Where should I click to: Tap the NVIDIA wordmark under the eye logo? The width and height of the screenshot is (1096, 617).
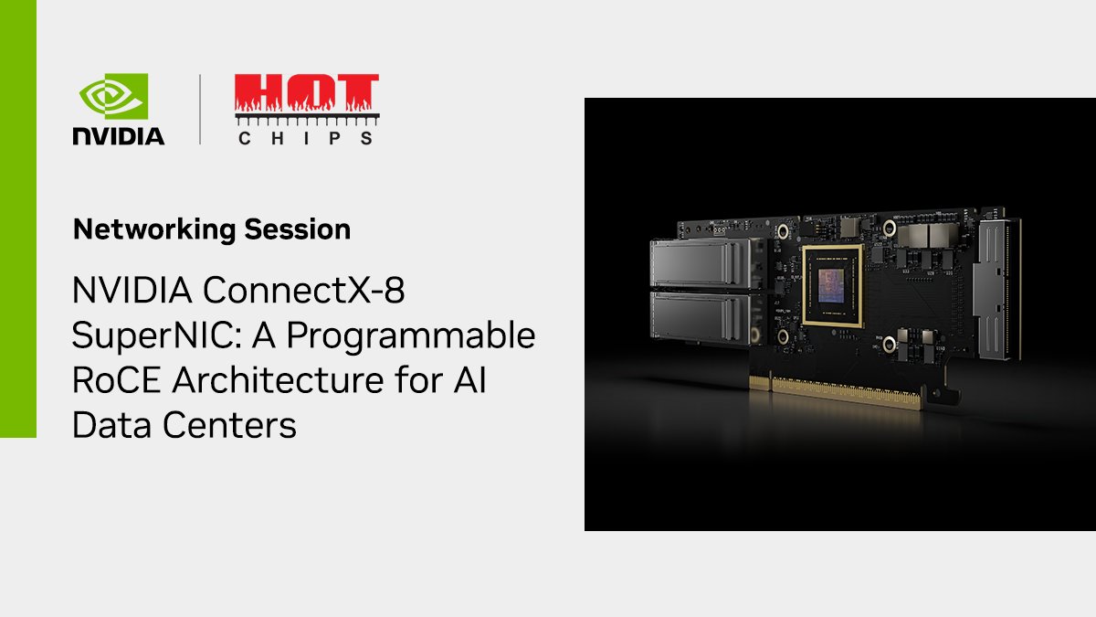pos(119,136)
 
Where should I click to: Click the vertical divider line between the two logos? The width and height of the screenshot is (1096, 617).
pos(200,110)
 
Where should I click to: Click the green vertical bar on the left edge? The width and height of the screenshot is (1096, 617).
pos(17,219)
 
